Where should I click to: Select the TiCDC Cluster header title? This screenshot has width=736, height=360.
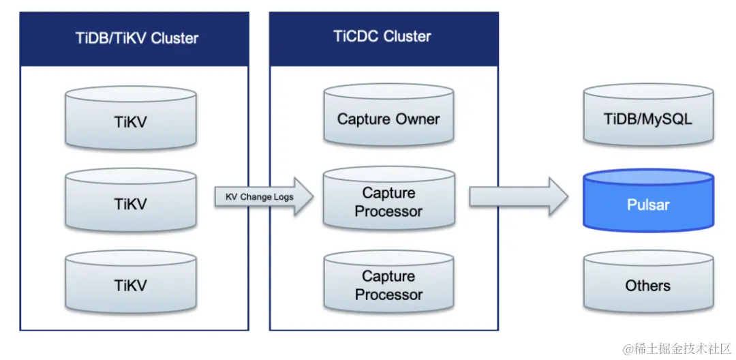click(382, 36)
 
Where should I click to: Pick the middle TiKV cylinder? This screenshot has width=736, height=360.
click(130, 202)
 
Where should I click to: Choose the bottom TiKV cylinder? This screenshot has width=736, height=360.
click(130, 285)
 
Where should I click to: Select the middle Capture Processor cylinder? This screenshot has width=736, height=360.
click(388, 201)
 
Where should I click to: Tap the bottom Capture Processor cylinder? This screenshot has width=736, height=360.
click(388, 285)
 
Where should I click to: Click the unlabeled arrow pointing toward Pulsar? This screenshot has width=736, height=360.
click(518, 197)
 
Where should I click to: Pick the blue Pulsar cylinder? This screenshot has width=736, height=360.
click(647, 202)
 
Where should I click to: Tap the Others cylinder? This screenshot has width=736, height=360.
click(647, 285)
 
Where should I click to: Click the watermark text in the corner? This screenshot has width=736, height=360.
click(676, 348)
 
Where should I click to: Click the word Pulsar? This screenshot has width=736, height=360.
click(647, 205)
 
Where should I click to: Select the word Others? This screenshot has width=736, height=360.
click(647, 286)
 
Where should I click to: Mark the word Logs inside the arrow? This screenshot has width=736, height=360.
click(283, 197)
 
